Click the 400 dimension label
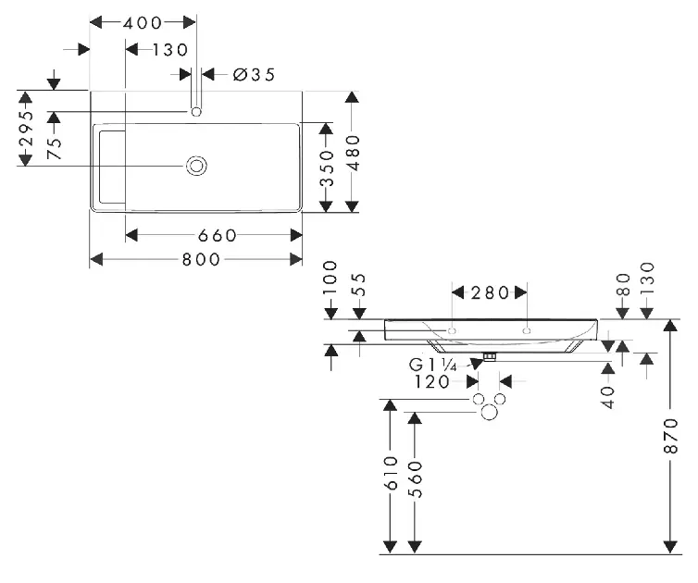[143, 22]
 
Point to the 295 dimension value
[27, 129]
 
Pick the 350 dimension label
[325, 168]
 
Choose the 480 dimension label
[353, 153]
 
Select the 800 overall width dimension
[201, 260]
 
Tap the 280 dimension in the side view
[491, 293]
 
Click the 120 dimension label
[432, 381]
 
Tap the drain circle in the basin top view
[197, 166]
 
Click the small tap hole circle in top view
[196, 112]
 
